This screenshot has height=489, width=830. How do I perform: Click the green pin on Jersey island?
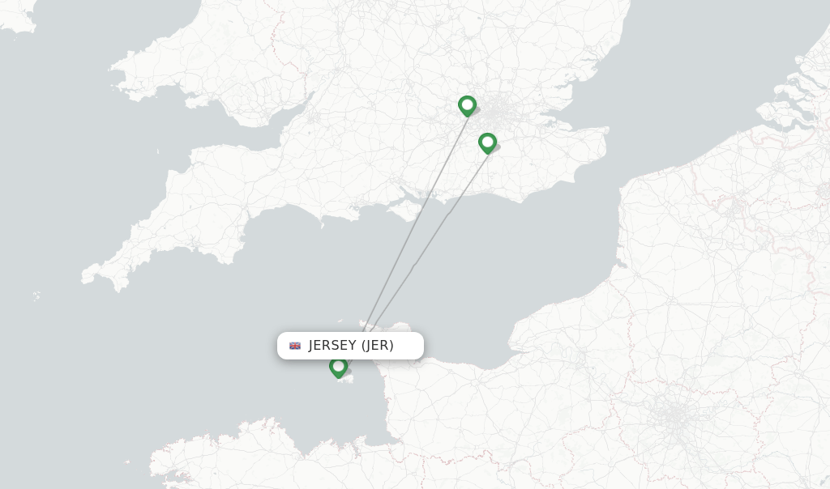tap(338, 367)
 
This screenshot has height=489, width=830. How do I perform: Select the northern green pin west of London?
tap(467, 105)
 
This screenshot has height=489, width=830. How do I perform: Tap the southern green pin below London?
tap(487, 142)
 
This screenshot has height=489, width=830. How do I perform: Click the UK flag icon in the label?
tap(295, 346)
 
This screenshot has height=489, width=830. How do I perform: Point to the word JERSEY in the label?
tap(332, 346)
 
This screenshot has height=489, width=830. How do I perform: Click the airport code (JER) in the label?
tap(378, 346)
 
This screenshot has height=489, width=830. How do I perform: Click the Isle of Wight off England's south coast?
tap(403, 209)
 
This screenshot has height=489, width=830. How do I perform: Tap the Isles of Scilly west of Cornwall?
tap(36, 296)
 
